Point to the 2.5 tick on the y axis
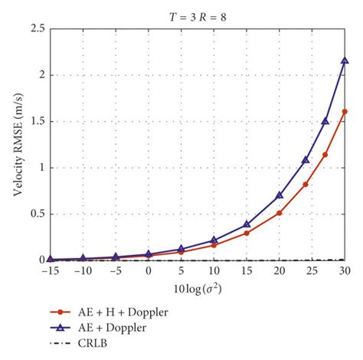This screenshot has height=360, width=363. point(36,28)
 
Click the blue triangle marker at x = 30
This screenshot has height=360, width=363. point(345,61)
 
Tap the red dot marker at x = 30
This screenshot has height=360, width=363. point(345,111)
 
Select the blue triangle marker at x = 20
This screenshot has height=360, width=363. point(279,195)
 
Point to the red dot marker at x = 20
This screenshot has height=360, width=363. point(279,213)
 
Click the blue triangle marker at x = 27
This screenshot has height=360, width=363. point(325,121)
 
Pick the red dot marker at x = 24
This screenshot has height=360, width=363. point(306,184)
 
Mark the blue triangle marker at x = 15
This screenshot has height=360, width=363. point(247,224)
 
